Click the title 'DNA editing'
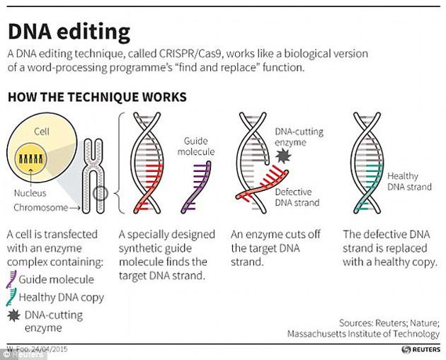coord(69,32)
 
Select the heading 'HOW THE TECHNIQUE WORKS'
coord(96,96)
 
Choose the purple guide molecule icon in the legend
coord(12,279)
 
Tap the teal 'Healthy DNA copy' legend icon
coord(12,297)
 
